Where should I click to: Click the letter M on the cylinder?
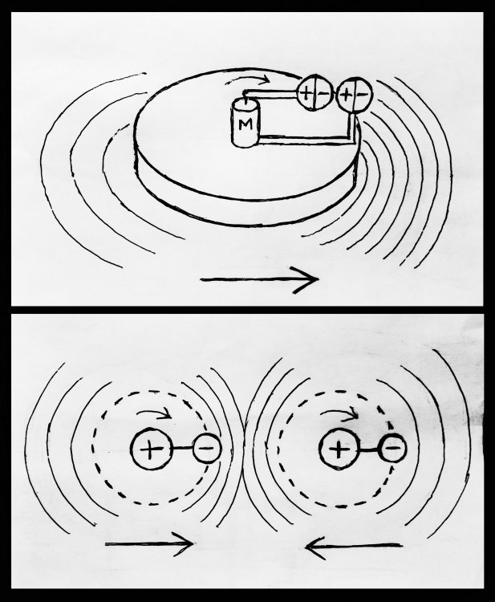pyautogui.click(x=245, y=124)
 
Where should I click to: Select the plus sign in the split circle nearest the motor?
pyautogui.click(x=306, y=93)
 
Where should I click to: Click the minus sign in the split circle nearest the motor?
pyautogui.click(x=324, y=93)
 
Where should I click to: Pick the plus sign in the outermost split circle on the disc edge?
pyautogui.click(x=346, y=95)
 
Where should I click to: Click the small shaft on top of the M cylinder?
pyautogui.click(x=245, y=96)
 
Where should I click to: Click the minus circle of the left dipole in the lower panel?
pyautogui.click(x=207, y=448)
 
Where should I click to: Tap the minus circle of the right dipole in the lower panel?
pyautogui.click(x=393, y=448)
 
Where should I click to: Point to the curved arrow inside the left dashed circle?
pyautogui.click(x=153, y=412)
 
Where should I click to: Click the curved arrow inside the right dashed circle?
pyautogui.click(x=339, y=412)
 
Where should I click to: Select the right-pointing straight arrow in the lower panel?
pyautogui.click(x=149, y=543)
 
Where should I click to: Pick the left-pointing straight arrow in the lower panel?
pyautogui.click(x=354, y=545)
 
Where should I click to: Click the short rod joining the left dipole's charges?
pyautogui.click(x=182, y=448)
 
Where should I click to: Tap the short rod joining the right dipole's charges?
pyautogui.click(x=369, y=449)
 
